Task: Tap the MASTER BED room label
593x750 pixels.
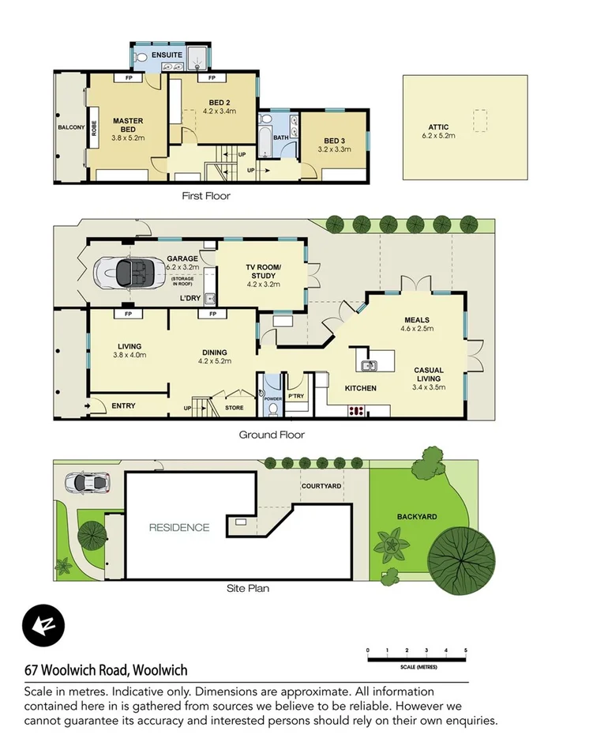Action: click(x=127, y=126)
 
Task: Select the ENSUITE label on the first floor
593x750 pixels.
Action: click(x=167, y=55)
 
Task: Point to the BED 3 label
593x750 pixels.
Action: click(x=332, y=143)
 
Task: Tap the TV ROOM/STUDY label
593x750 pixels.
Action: click(x=264, y=271)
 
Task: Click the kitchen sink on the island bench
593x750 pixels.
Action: click(x=369, y=365)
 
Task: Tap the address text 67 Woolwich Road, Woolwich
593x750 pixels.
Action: click(x=106, y=670)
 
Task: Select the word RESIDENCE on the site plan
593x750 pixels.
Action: click(x=179, y=527)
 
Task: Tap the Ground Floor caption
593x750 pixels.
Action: click(x=272, y=435)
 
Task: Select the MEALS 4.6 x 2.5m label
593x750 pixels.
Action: click(x=416, y=323)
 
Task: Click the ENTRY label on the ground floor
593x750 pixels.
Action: click(x=123, y=406)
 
